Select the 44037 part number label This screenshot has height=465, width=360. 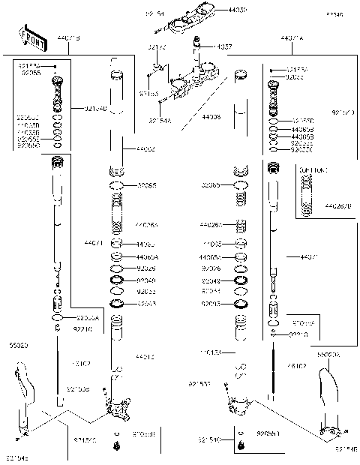point(223,46)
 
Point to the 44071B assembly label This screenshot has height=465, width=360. point(68,37)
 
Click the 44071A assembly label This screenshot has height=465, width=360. point(292,37)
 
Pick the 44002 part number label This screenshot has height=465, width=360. point(145,150)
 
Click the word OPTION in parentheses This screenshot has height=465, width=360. point(313,171)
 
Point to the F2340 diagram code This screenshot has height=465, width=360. point(335,14)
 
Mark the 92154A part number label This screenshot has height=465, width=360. point(159,120)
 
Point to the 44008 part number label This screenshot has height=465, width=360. point(212,118)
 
